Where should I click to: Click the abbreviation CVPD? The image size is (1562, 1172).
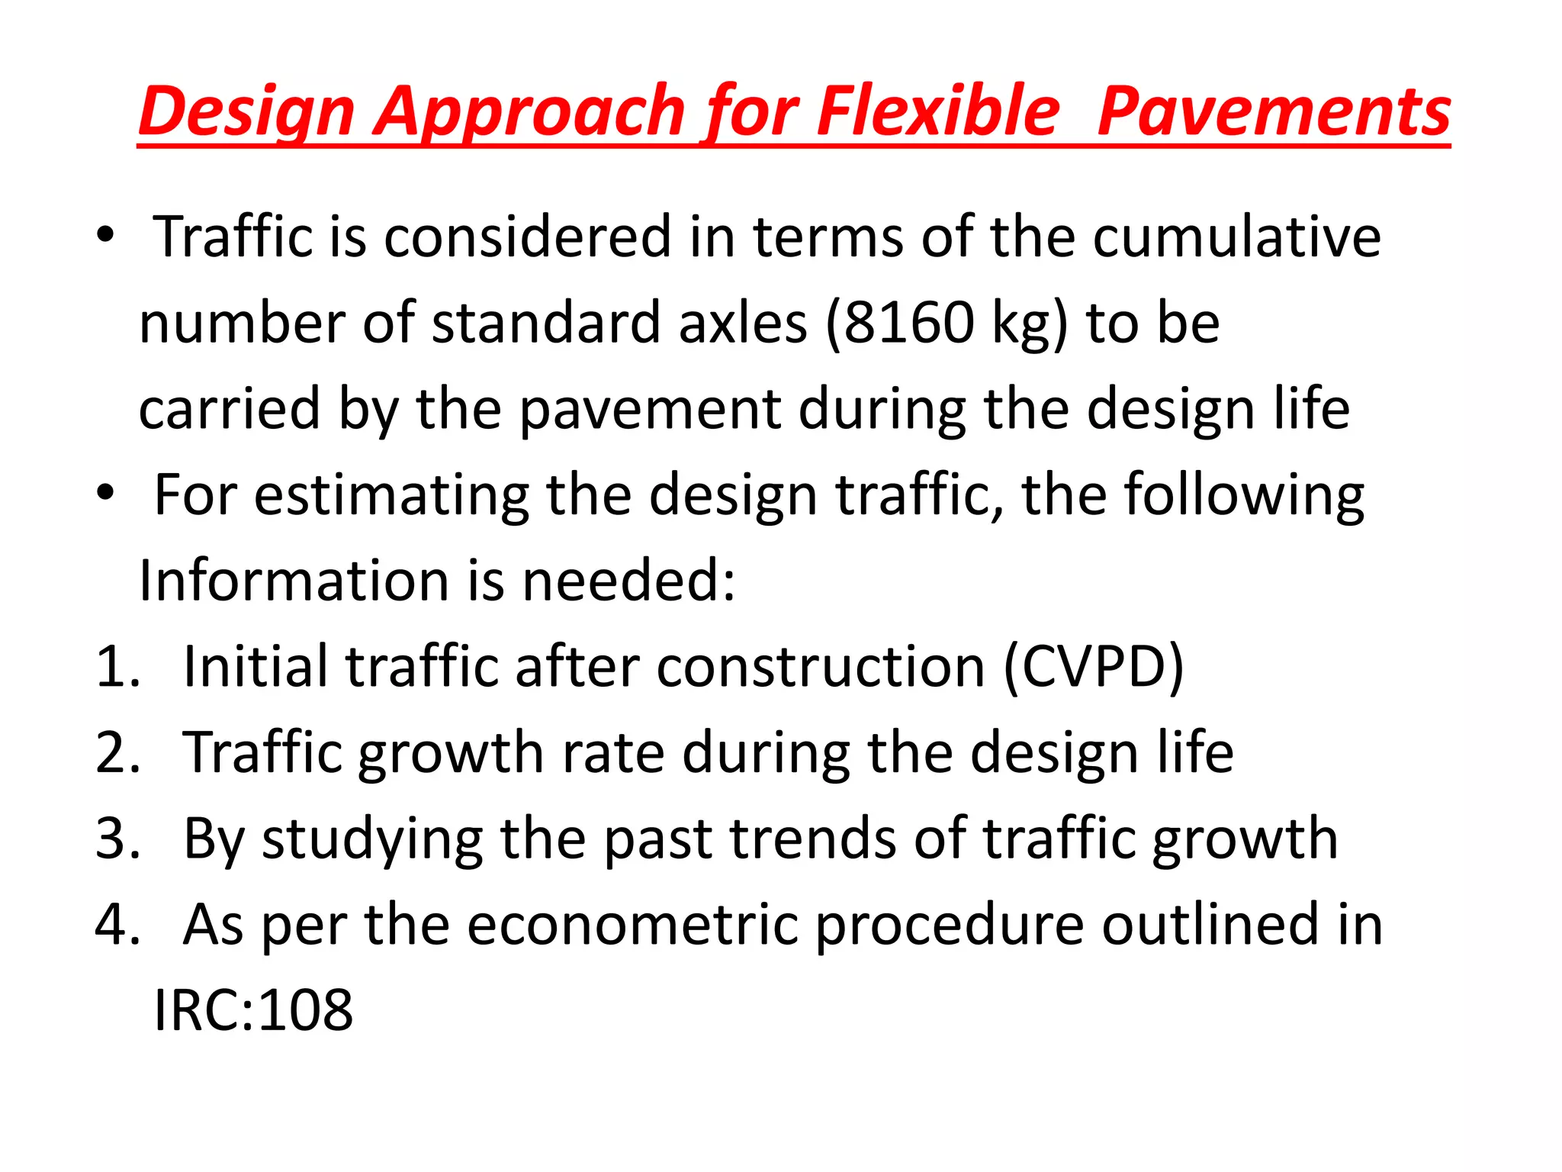(x=1094, y=667)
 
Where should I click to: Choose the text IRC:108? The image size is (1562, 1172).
(x=253, y=1010)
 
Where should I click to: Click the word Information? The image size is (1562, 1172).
(x=294, y=581)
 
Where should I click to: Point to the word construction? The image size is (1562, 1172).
(x=821, y=667)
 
